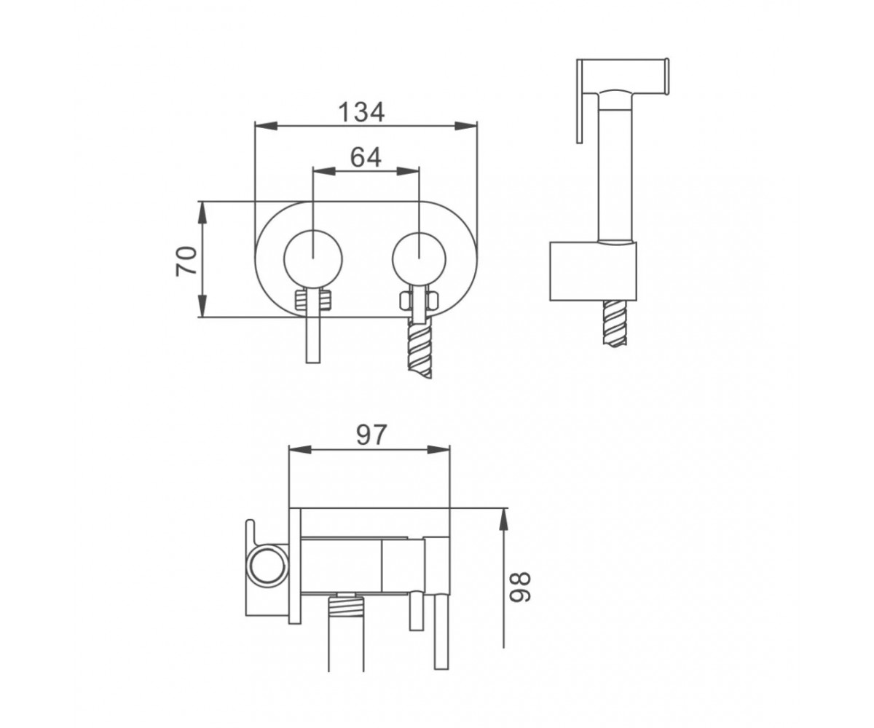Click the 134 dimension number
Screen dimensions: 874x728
click(x=361, y=113)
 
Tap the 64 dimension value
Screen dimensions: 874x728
click(x=366, y=158)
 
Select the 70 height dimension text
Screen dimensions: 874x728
click(x=186, y=261)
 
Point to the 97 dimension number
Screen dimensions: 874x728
click(x=371, y=435)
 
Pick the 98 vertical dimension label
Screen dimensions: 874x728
click(x=521, y=587)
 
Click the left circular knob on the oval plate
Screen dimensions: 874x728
click(x=313, y=259)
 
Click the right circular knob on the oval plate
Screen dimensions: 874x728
click(x=419, y=260)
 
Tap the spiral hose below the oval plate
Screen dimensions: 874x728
click(x=420, y=349)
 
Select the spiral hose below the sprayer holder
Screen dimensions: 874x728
click(x=615, y=323)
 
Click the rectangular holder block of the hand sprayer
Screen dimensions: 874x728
click(x=593, y=271)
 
